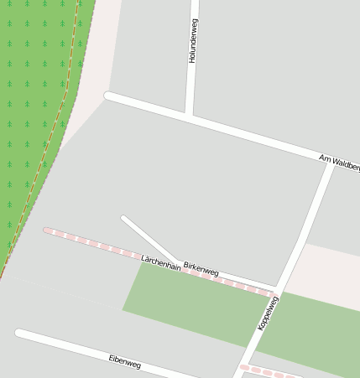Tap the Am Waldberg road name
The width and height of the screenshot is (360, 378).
pos(339,163)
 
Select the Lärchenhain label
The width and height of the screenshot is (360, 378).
pos(161,261)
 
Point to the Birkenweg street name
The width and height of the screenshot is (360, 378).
pos(201,267)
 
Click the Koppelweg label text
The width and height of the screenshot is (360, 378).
pos(268,313)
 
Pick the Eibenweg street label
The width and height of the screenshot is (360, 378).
pos(125,362)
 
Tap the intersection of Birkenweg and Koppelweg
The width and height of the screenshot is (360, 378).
pos(277,289)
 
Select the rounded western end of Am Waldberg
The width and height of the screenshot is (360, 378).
pos(107,96)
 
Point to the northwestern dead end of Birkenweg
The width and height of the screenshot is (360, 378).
pos(124,219)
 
